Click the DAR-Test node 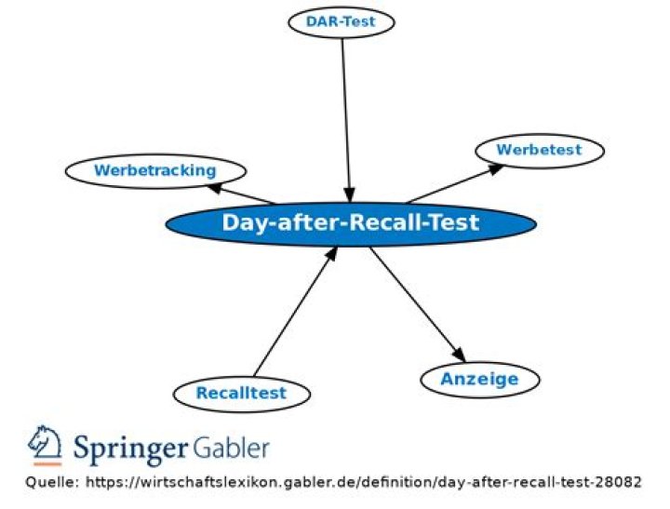(x=341, y=21)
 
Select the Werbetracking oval (x=155, y=170)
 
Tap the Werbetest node (x=539, y=150)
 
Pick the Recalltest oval (x=241, y=393)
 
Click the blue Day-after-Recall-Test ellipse (x=350, y=223)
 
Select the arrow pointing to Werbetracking (x=242, y=194)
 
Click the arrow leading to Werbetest (x=454, y=183)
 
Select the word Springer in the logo (x=131, y=449)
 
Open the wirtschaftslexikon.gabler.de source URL (x=363, y=482)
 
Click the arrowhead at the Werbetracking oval (x=214, y=187)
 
